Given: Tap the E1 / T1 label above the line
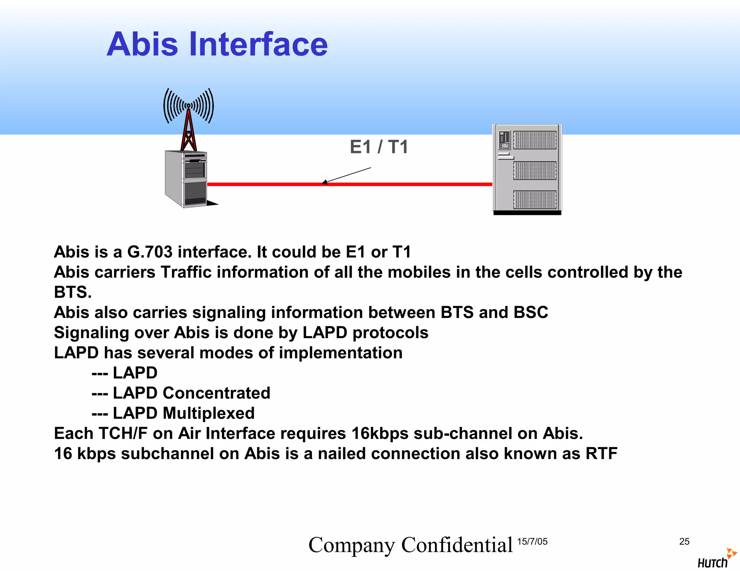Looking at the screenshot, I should coord(379,147).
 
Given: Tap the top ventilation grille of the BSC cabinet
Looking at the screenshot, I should coord(535,140).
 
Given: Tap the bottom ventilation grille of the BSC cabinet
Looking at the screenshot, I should coord(535,200).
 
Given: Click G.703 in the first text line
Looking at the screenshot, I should coord(150,252).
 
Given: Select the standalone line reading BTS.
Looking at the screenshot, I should coord(73,292).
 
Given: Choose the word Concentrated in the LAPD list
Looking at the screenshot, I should coord(216,393).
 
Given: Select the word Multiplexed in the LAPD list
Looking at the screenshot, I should coord(208,413).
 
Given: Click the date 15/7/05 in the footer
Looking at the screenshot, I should coord(532,541).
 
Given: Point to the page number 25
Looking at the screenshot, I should coord(684,541).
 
